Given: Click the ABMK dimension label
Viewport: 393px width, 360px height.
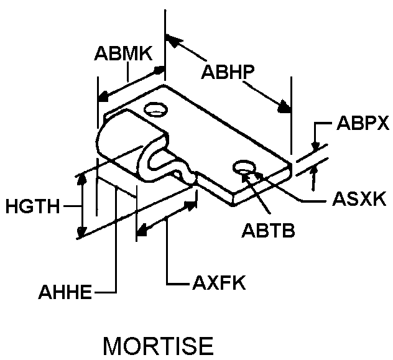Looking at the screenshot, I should tap(123, 53).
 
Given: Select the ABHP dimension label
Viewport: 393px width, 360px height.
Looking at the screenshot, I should tap(226, 72).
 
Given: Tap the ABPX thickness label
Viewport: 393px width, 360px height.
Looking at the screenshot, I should tap(363, 122).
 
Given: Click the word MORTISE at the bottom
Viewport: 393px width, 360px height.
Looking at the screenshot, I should tap(157, 346).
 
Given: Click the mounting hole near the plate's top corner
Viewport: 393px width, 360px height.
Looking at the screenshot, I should tap(155, 111).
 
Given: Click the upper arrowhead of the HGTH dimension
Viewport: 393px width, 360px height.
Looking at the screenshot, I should tap(81, 180).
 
